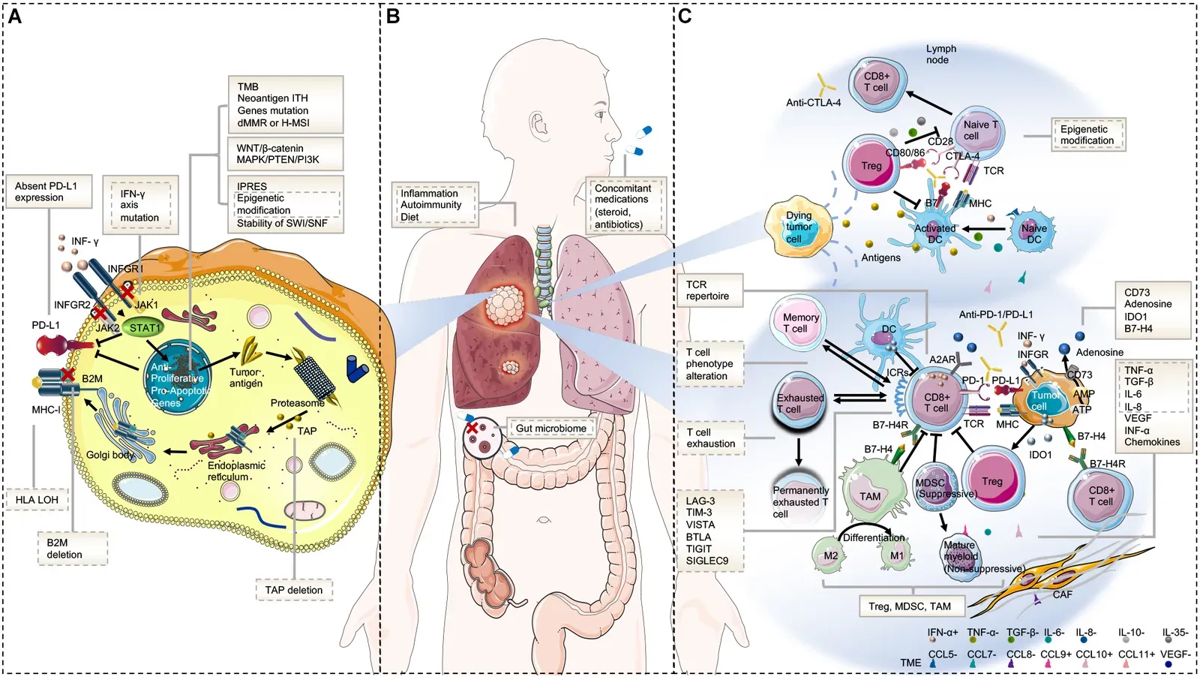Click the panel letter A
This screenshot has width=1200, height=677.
click(x=14, y=16)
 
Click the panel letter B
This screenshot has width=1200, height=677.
click(x=393, y=16)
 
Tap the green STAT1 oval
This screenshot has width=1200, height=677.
click(x=143, y=328)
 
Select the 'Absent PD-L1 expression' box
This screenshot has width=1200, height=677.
click(x=49, y=192)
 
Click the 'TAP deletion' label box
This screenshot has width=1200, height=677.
click(x=294, y=590)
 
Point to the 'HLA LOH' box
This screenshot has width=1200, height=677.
click(x=37, y=500)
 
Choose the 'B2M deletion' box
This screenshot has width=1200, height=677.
click(x=72, y=549)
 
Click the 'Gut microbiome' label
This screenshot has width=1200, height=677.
click(x=551, y=429)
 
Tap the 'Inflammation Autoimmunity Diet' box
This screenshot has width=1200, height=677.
click(x=434, y=205)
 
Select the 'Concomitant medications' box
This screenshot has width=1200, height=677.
click(x=625, y=206)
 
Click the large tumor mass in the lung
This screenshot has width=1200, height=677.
click(x=504, y=306)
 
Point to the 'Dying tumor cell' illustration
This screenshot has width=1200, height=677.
click(x=799, y=227)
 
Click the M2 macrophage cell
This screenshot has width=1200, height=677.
click(x=831, y=556)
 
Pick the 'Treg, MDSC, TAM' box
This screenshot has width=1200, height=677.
click(x=909, y=606)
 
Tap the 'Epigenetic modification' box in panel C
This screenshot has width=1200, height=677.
click(x=1087, y=135)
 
